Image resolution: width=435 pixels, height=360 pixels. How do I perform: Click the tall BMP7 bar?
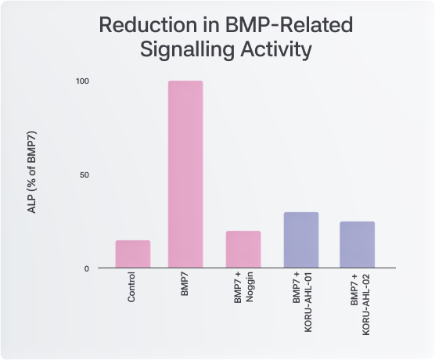185,174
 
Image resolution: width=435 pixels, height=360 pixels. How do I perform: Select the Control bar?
133,254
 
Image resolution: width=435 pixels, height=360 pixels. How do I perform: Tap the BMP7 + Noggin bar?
243,249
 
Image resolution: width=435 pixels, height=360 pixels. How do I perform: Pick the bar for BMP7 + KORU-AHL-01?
301,239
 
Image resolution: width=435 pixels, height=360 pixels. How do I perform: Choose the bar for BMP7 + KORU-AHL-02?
357,244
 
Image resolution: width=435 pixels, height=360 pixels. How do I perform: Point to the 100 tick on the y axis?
82,81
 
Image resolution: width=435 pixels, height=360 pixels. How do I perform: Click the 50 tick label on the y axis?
84,175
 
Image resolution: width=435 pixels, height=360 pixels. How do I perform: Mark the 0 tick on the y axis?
87,268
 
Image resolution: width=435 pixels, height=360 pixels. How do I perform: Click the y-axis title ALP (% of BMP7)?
32,172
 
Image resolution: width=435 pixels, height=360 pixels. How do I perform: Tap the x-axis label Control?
131,287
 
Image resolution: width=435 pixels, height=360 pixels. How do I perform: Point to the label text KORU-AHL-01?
308,302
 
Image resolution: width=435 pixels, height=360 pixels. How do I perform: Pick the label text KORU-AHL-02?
366,304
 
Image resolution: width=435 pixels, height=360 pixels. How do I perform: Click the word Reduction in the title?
148,25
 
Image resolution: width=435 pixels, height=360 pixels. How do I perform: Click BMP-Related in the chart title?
289,25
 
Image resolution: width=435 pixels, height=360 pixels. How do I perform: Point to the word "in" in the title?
210,25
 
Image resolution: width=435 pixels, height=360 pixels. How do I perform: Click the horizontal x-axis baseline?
246,268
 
